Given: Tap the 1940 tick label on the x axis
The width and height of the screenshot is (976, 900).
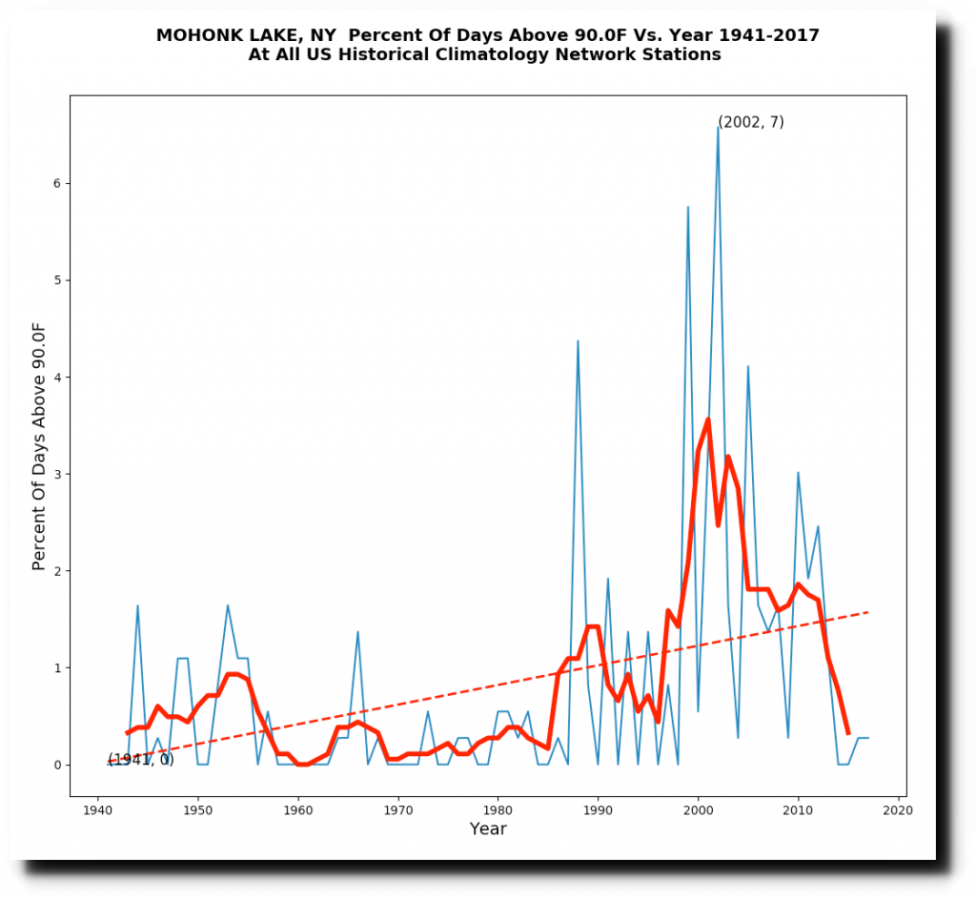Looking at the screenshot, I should pyautogui.click(x=98, y=810).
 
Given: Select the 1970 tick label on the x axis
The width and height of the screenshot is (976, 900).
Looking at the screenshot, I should pyautogui.click(x=398, y=810).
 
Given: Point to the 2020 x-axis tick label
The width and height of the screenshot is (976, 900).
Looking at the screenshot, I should pyautogui.click(x=898, y=810).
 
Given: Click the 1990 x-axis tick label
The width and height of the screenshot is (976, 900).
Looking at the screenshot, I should pyautogui.click(x=599, y=810).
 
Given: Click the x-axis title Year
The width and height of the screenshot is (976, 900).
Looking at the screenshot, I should pyautogui.click(x=488, y=829).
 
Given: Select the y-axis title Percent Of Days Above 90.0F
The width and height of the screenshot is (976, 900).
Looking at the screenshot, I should pyautogui.click(x=39, y=446).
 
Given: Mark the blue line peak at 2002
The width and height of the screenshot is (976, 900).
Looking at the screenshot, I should pyautogui.click(x=718, y=127).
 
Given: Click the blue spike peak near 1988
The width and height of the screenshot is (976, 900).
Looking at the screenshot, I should pyautogui.click(x=578, y=340).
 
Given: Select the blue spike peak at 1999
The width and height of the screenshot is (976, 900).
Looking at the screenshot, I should pyautogui.click(x=687, y=207).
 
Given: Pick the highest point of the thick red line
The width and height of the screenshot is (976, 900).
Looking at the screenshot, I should pyautogui.click(x=707, y=419).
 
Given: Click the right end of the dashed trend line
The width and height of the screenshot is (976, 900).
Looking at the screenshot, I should pyautogui.click(x=867, y=612).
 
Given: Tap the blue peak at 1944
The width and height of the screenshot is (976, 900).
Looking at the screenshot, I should pyautogui.click(x=137, y=605).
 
